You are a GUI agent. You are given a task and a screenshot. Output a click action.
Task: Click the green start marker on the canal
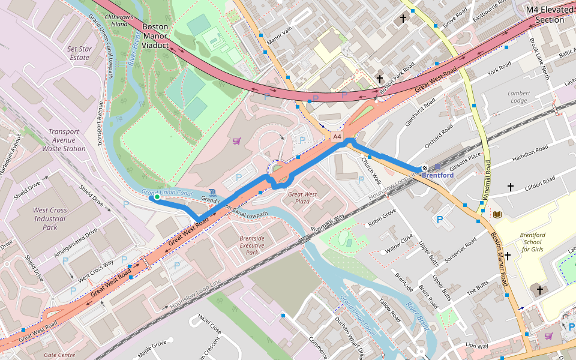pos(157,196)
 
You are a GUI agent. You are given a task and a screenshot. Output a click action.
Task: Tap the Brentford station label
pos(437,175)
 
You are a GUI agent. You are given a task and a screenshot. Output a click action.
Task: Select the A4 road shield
pos(337,137)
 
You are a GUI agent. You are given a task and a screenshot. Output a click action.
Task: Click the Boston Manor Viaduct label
pos(155,36)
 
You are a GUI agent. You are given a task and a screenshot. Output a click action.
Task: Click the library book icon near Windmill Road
pos(497,214)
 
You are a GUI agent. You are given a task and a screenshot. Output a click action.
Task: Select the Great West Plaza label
pos(302,198)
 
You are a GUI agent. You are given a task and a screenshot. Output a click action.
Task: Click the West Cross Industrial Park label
pos(49,218)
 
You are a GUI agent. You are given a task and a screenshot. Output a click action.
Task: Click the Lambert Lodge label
pos(518,97)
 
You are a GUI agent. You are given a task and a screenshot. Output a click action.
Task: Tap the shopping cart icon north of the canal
pos(236,141)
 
